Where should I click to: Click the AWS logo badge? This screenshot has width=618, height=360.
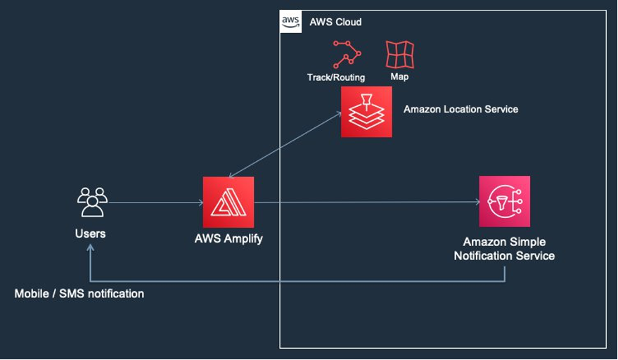click(x=291, y=22)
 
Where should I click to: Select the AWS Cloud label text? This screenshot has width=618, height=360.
click(x=335, y=22)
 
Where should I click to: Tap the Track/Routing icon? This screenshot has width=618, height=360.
click(x=347, y=54)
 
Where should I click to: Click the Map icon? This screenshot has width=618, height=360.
click(x=399, y=54)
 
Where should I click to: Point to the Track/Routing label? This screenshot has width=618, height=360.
click(x=336, y=77)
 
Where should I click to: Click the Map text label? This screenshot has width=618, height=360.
click(x=399, y=77)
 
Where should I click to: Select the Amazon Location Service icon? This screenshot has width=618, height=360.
click(x=366, y=112)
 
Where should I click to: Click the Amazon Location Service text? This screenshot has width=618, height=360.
click(x=461, y=109)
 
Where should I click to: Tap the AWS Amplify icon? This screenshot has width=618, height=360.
click(x=228, y=202)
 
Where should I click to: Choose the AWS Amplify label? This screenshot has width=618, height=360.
click(x=228, y=238)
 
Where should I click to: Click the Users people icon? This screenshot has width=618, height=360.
click(x=92, y=202)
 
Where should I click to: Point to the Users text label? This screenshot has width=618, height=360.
click(x=90, y=233)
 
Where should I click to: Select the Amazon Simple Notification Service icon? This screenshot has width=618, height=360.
click(x=504, y=202)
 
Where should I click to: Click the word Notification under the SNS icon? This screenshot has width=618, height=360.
click(x=485, y=256)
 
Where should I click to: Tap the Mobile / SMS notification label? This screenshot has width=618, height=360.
click(x=79, y=293)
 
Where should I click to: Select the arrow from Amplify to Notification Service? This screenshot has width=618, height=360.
click(x=366, y=202)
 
